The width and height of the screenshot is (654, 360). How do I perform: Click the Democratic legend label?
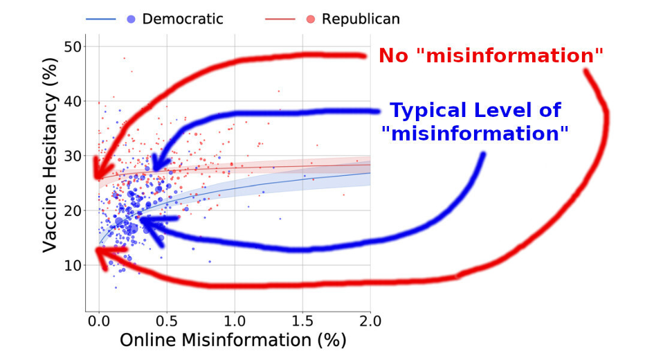[183, 19]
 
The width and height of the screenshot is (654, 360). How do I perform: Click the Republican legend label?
[361, 19]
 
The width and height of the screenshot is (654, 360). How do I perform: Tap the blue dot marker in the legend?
[131, 19]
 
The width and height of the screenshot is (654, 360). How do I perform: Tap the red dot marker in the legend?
[310, 19]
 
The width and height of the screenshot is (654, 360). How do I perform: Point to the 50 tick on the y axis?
[73, 46]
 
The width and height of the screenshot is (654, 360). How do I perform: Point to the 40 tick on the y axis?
[73, 101]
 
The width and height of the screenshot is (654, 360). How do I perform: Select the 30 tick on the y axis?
[73, 156]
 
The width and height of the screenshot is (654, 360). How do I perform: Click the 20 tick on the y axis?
[73, 210]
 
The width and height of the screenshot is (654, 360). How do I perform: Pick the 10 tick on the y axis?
[73, 265]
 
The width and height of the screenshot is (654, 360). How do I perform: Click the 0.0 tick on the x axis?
[99, 321]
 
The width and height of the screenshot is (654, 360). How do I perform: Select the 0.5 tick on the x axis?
[167, 321]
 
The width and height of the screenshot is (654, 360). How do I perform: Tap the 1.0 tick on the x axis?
[235, 321]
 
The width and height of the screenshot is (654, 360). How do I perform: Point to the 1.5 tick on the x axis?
[302, 321]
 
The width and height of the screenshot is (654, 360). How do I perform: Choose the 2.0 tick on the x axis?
[370, 321]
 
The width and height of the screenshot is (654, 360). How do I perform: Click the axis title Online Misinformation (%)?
[233, 340]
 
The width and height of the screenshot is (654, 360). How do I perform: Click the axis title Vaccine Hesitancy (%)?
[50, 155]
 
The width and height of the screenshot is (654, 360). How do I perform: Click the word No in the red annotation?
[393, 55]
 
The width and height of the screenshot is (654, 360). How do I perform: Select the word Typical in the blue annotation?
[428, 111]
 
